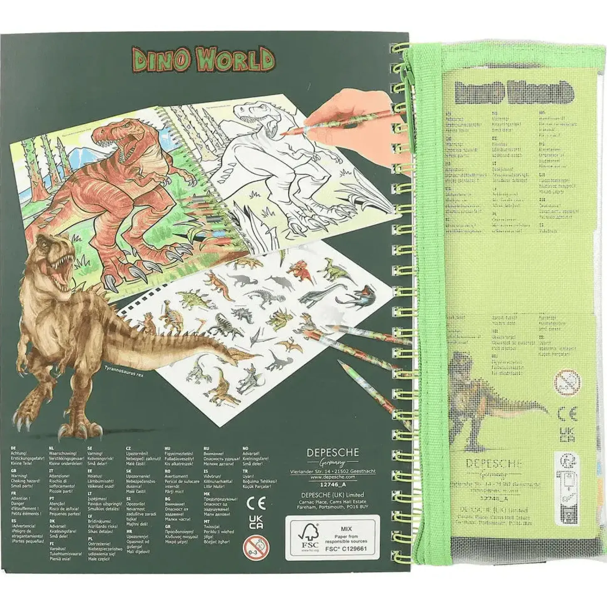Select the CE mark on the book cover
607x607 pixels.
click(256, 504)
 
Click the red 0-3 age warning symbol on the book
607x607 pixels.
click(256, 545)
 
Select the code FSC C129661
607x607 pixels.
click(346, 549)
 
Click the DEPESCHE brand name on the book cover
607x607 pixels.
click(332, 453)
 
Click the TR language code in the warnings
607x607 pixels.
click(245, 471)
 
